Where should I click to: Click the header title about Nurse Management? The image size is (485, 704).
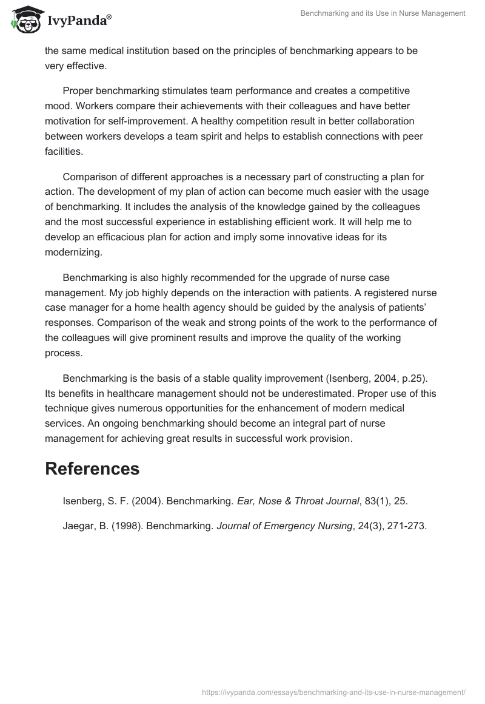(x=383, y=13)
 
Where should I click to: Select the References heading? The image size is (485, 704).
(x=92, y=469)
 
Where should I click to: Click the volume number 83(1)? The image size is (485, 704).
(x=372, y=501)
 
